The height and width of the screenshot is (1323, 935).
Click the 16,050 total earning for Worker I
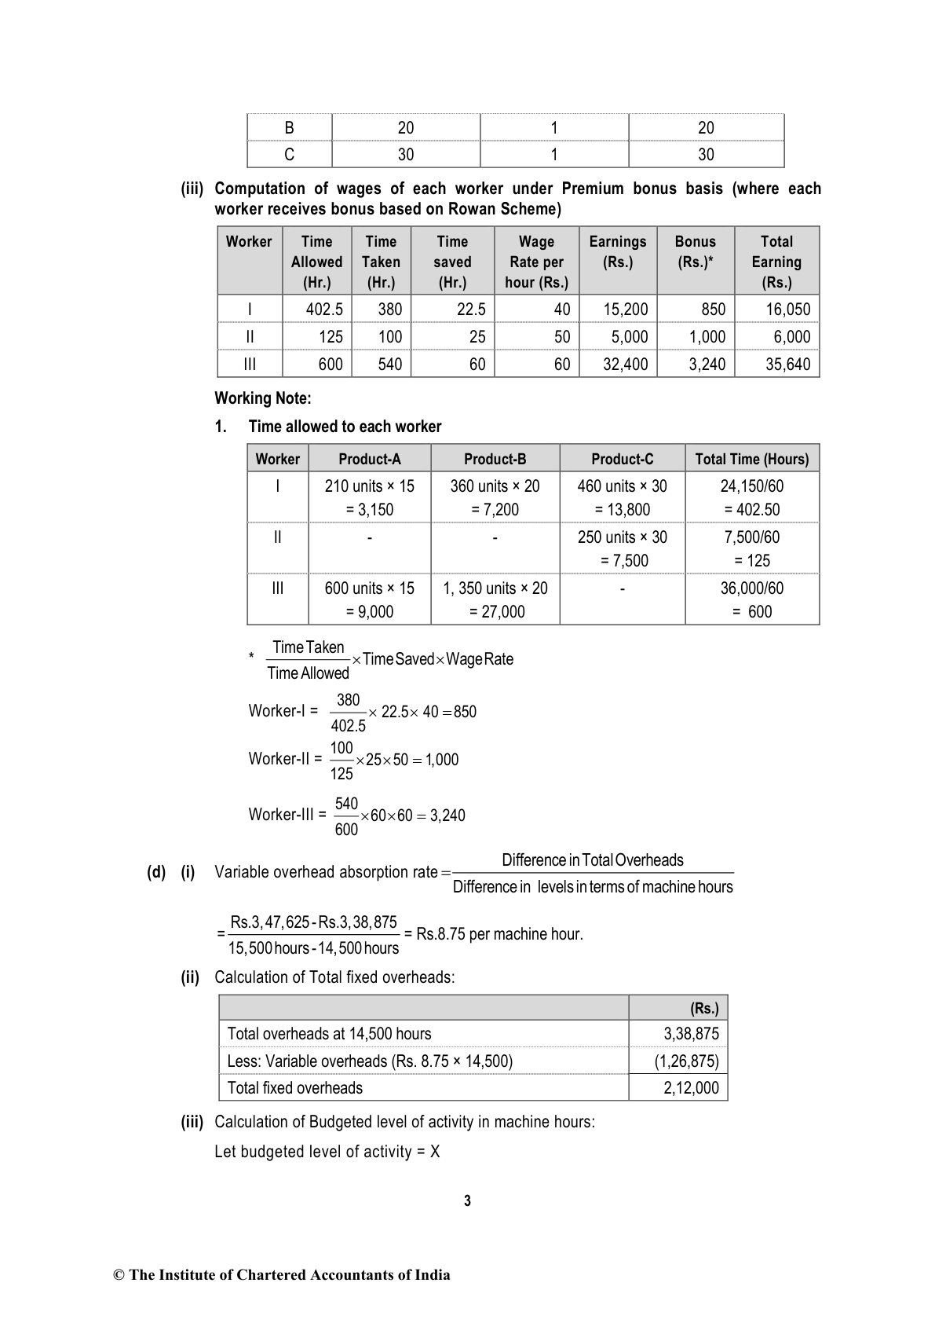tap(787, 310)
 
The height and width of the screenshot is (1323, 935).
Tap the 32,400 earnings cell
tap(625, 365)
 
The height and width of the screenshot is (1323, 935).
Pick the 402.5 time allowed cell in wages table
tap(324, 310)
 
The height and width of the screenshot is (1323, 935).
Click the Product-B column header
tap(495, 459)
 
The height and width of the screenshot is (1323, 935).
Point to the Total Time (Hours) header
tap(751, 459)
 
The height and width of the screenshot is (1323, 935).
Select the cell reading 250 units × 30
tap(622, 537)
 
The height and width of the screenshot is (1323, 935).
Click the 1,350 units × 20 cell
tap(495, 588)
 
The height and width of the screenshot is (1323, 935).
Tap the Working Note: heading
tap(263, 398)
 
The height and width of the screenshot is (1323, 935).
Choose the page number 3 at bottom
tap(467, 1200)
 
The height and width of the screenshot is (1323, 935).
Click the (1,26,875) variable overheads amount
tap(686, 1061)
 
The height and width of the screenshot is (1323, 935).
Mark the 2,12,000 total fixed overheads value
tap(691, 1088)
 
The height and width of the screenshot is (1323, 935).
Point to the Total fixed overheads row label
tap(295, 1088)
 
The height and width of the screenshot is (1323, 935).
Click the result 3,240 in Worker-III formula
tap(447, 815)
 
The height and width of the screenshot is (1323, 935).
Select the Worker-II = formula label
tap(285, 759)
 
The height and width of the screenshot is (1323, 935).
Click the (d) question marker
tap(156, 872)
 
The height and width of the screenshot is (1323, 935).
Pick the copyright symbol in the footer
tap(120, 1275)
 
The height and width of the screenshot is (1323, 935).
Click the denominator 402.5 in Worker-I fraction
tap(348, 727)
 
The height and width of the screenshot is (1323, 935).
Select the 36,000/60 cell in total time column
tap(751, 588)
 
